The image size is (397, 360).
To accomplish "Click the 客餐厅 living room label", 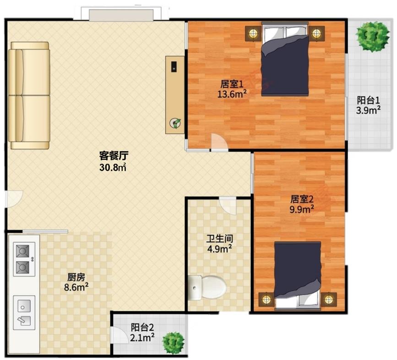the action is [114, 155].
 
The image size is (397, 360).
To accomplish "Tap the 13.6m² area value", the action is [232, 94].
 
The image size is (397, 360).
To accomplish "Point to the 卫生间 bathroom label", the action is [219, 239].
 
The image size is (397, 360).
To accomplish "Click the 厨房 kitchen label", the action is [76, 277].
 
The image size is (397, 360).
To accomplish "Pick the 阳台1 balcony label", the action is [369, 100].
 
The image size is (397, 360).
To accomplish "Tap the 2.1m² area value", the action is [142, 338].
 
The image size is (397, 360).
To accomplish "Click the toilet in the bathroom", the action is [207, 288].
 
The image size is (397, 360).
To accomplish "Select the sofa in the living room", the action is [29, 95].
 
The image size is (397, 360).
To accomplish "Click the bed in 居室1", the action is [285, 59].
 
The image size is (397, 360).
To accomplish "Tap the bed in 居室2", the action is [298, 276].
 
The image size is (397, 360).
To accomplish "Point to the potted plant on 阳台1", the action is [372, 36].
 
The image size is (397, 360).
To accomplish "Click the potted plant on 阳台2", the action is [173, 343].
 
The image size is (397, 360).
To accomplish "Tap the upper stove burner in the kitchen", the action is [22, 251].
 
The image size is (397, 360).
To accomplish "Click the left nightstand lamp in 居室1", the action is [253, 33].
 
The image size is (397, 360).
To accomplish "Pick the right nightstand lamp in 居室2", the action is [329, 300].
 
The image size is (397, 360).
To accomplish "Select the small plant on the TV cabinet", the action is [175, 123].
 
